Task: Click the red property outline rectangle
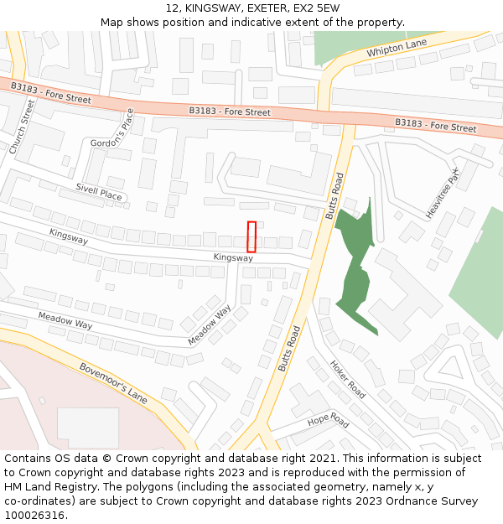[251, 236]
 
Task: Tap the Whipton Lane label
[397, 49]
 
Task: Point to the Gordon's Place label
[112, 132]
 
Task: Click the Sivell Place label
[98, 192]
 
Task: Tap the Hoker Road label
[347, 380]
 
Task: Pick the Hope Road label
[328, 420]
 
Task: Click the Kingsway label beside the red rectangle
[233, 257]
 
